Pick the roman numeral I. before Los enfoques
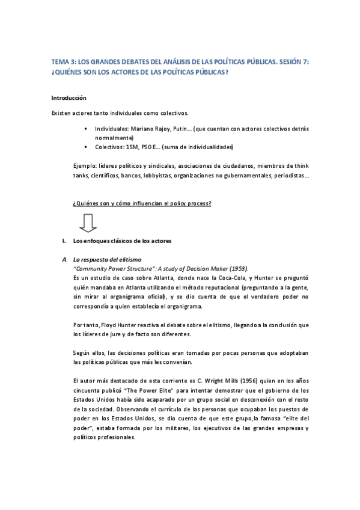[64, 242]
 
